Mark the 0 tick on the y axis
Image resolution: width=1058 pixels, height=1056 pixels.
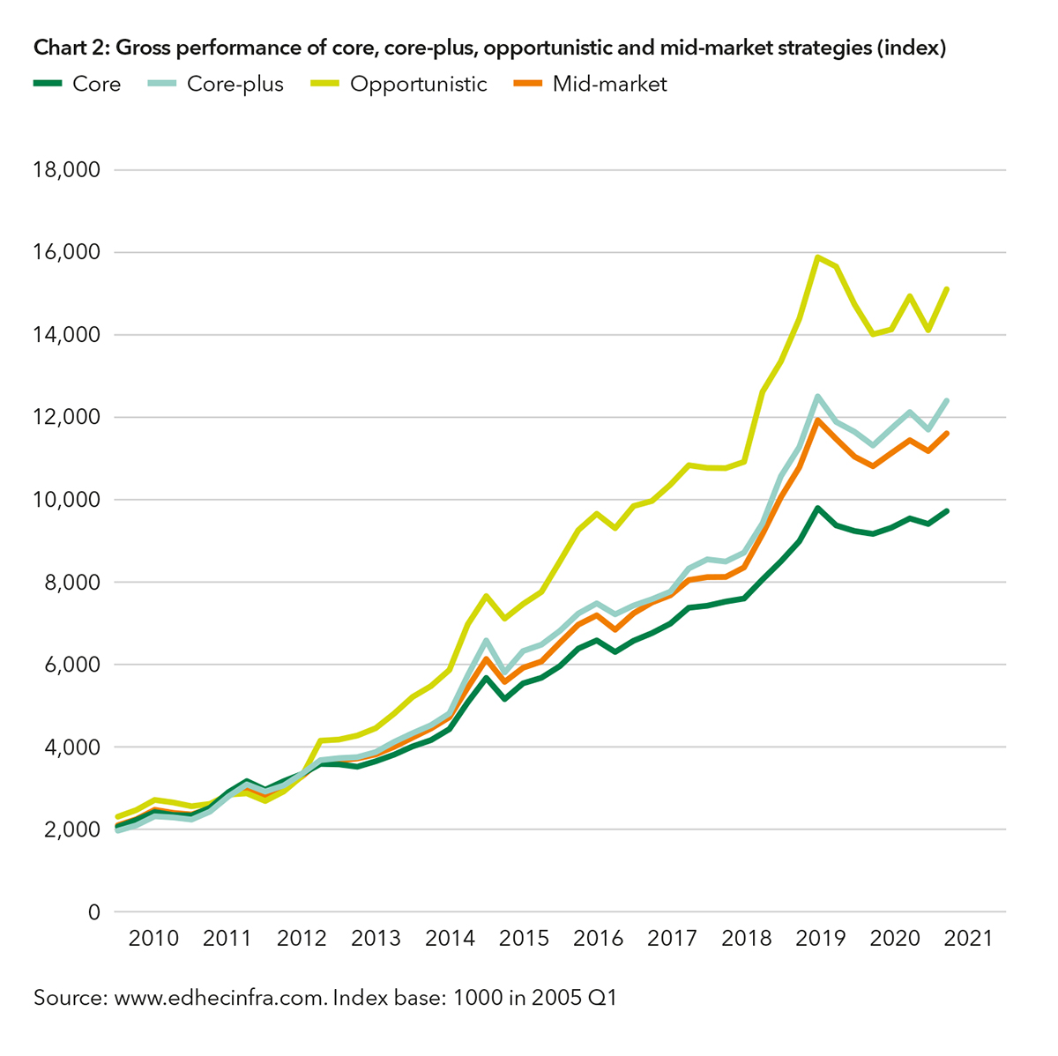(93, 912)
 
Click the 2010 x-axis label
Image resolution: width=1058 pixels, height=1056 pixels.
(153, 938)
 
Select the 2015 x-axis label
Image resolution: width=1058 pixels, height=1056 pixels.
(524, 938)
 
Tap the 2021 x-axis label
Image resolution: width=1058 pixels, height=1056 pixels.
(968, 938)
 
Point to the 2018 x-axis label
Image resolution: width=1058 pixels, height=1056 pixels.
(746, 938)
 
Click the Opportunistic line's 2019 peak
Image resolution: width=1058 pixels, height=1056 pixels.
(818, 257)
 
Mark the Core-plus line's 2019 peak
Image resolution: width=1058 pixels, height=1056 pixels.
(818, 397)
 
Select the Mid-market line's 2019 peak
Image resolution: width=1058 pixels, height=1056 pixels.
(818, 420)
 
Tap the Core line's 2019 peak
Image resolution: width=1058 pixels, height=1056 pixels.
(818, 509)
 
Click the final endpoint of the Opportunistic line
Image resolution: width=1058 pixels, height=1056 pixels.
(947, 289)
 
